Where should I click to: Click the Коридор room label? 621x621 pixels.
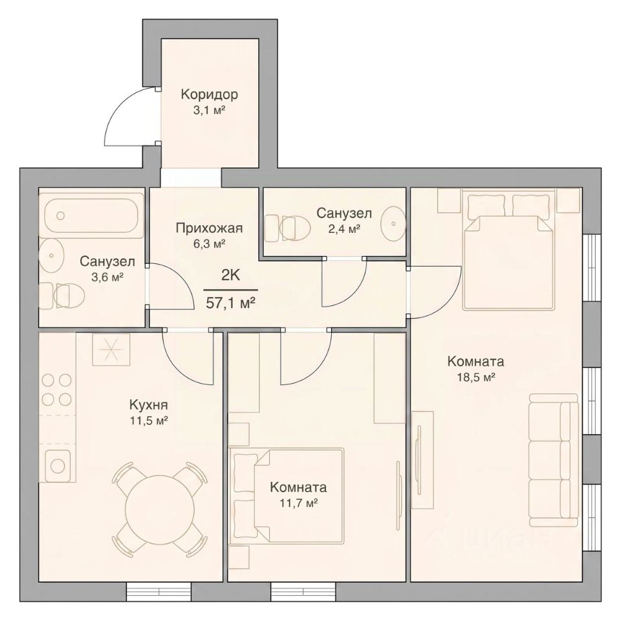(x=210, y=94)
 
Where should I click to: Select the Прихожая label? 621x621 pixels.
(x=209, y=228)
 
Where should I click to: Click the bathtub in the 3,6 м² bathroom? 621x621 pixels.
(x=93, y=215)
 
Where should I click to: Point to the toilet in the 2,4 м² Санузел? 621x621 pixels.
(x=287, y=228)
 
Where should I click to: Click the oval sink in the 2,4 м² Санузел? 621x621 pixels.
(x=393, y=223)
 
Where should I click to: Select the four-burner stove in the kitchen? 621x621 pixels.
(x=57, y=389)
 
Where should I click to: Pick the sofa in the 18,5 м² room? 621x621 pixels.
(x=554, y=460)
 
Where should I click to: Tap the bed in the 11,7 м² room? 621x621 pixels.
(x=289, y=495)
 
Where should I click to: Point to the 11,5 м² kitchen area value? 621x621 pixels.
(x=149, y=420)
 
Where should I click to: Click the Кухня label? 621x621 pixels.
(x=149, y=405)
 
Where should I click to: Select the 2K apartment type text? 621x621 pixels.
(x=230, y=275)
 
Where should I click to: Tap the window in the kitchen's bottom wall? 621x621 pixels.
(x=158, y=592)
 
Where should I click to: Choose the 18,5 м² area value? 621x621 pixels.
(x=475, y=376)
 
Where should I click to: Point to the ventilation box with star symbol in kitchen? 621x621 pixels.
(x=111, y=349)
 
